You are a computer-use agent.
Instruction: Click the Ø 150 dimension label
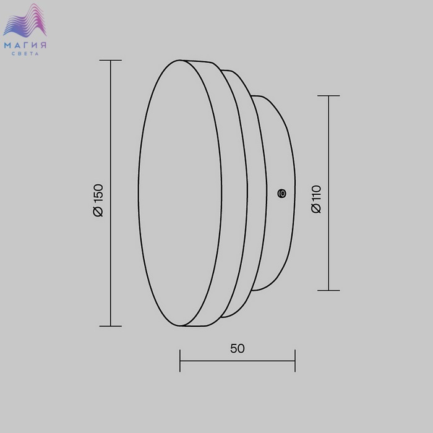[x=98, y=200]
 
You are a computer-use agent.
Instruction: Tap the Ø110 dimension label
[x=316, y=199]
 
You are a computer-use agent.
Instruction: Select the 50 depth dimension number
[x=238, y=348]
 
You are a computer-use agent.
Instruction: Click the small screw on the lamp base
[x=281, y=193]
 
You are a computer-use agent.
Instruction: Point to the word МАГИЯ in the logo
[x=25, y=45]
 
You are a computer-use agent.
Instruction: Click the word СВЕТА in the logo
[x=25, y=54]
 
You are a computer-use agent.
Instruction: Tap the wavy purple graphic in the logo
[x=25, y=20]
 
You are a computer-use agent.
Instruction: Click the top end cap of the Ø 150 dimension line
[x=111, y=60]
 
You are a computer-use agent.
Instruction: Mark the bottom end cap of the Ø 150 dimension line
[x=111, y=326]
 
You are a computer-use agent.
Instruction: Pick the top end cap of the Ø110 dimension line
[x=328, y=96]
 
